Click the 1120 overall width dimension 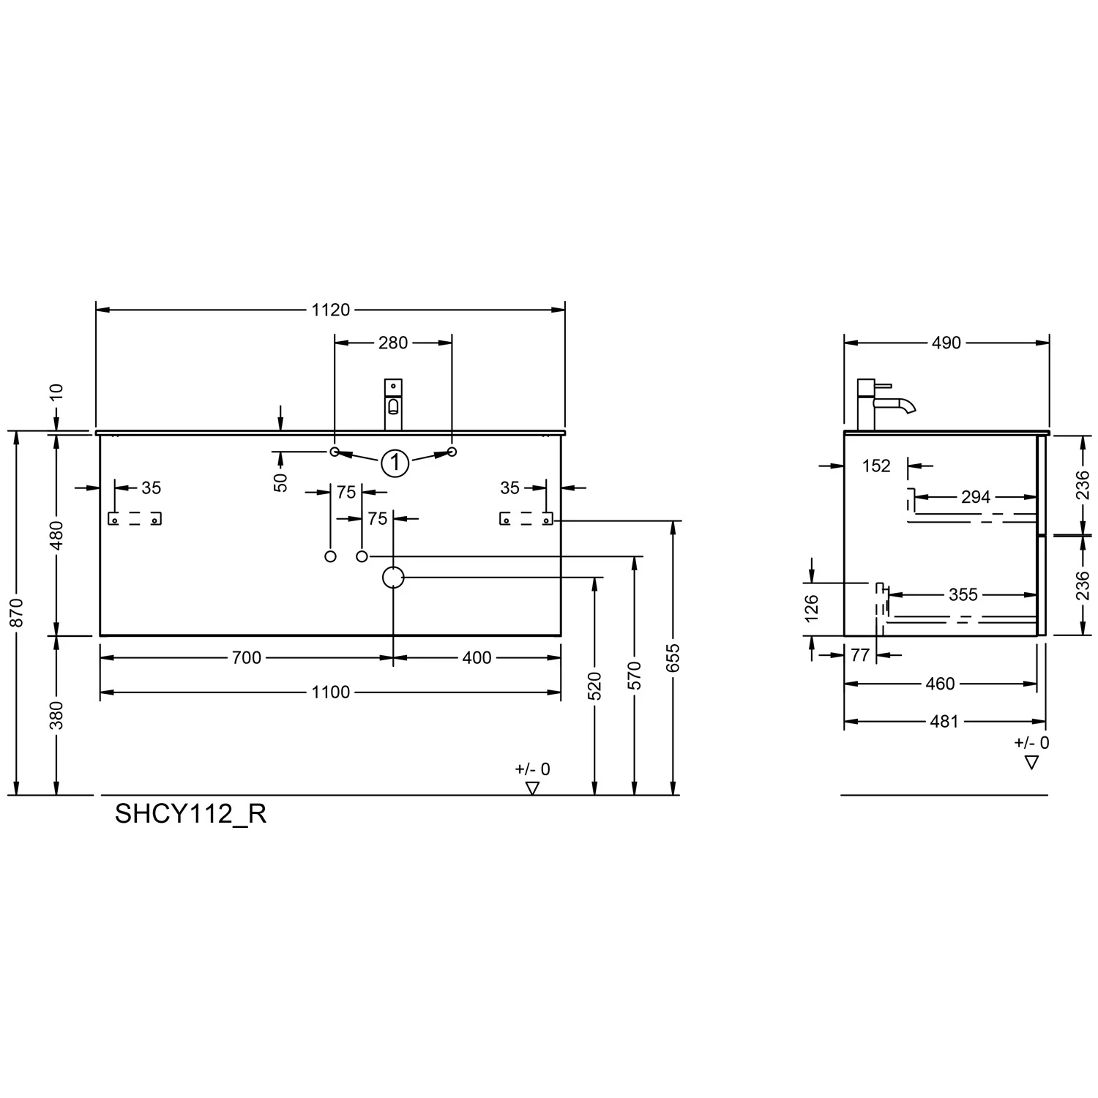click(x=331, y=310)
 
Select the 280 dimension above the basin click(x=393, y=343)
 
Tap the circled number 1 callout click(x=395, y=463)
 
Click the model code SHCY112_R click(x=190, y=814)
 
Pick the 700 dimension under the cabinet click(x=247, y=658)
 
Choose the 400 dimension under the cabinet click(x=477, y=658)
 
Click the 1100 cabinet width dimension click(x=331, y=692)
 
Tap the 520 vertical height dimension click(x=594, y=686)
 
